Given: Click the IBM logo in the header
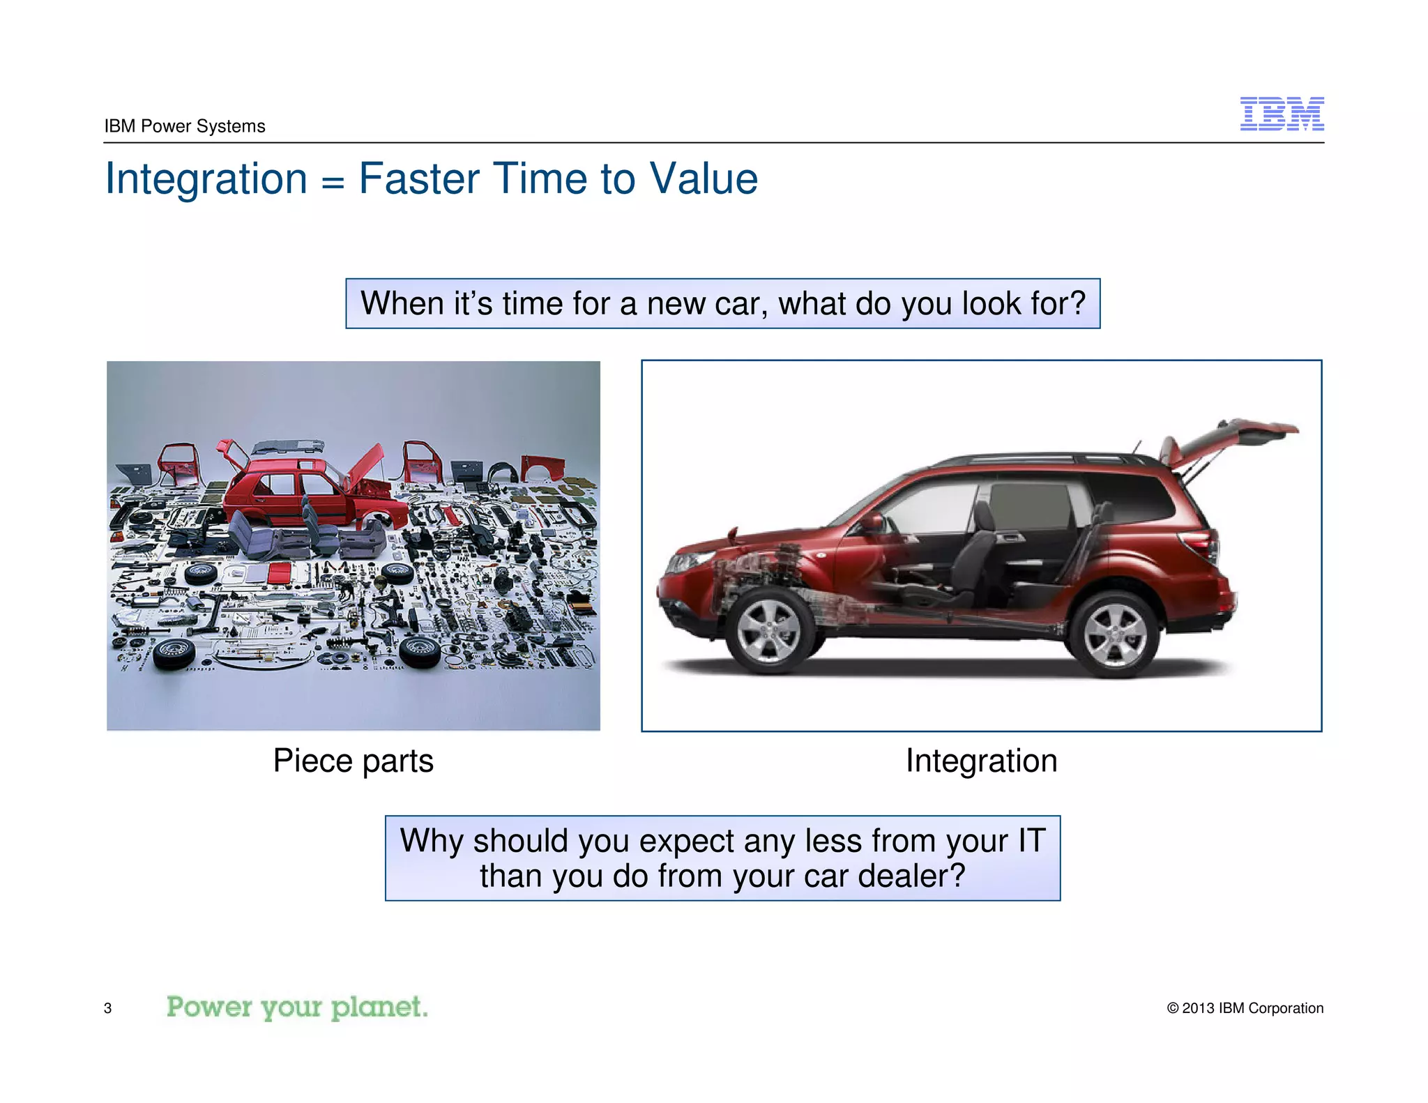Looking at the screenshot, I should [x=1282, y=114].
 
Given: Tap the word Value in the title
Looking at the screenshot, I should [x=704, y=178].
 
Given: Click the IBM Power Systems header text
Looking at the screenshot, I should [x=185, y=126].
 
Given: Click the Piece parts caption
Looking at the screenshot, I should [x=353, y=761].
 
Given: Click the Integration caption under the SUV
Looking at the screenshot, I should [x=981, y=761].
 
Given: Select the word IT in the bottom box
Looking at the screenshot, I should [x=1031, y=841].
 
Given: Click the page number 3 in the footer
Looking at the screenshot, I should [x=107, y=1008].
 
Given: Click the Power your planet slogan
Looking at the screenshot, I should [x=297, y=1007].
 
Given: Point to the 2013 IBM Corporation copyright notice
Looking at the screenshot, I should [x=1245, y=1008].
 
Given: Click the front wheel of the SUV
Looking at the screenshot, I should [x=768, y=630].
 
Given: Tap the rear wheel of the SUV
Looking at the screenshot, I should [x=1114, y=634].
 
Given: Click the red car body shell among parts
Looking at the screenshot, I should [x=293, y=488].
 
